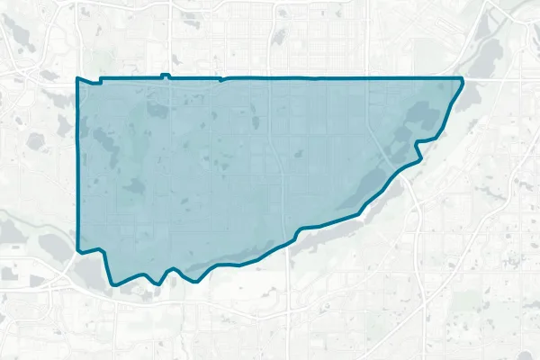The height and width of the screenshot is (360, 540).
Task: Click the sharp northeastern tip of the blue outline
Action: pos(463,79)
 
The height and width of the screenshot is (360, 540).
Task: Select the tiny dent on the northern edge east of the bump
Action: pos(220,80)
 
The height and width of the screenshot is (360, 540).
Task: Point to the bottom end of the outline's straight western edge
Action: pos(78,250)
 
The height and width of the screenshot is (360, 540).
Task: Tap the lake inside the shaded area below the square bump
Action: pos(157,111)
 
